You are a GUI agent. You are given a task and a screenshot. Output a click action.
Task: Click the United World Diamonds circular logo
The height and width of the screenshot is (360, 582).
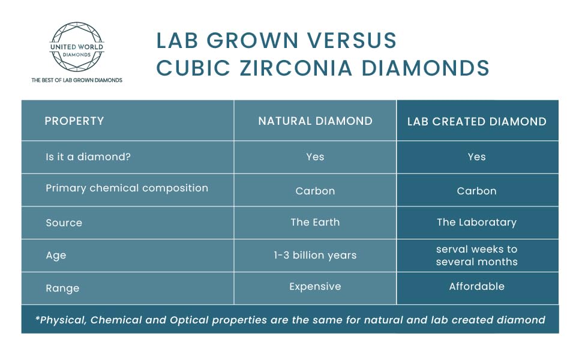pos(77,46)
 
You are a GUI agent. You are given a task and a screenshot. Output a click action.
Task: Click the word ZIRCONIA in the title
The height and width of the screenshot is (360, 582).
pos(296,68)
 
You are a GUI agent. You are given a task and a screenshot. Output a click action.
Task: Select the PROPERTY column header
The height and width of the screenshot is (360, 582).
pos(74,121)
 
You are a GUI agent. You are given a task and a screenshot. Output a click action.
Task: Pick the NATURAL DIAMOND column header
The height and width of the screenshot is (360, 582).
pos(315,121)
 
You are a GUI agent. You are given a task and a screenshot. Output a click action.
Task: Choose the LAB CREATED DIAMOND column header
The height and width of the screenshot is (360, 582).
pos(477,121)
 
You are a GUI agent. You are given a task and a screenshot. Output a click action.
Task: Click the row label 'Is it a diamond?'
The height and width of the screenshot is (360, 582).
pos(88,157)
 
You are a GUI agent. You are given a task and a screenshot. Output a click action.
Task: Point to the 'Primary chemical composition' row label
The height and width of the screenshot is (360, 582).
pos(127,188)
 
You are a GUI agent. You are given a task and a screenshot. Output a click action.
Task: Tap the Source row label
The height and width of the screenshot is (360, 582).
pos(64,223)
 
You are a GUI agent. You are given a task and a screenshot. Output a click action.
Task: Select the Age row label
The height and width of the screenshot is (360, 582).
pos(56,256)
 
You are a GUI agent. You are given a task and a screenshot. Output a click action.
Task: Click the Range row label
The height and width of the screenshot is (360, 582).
pos(62,289)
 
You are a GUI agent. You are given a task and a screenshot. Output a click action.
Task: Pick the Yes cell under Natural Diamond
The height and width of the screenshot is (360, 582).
pos(315,157)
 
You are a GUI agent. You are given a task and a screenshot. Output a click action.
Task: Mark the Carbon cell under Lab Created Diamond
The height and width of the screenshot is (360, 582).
pos(476,191)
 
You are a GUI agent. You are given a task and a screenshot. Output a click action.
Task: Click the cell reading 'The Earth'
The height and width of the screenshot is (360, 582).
pos(315,222)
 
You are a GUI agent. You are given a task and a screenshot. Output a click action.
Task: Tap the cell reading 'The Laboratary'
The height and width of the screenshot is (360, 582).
pos(476,222)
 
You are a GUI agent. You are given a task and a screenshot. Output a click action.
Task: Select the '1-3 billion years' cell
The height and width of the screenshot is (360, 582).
pos(315,255)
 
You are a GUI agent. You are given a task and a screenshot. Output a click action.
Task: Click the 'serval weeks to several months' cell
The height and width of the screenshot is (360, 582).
pos(476,256)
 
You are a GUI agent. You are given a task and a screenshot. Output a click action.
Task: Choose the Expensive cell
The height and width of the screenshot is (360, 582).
pos(315,287)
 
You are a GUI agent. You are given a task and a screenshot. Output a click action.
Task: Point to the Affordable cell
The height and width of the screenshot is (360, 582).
pos(476,286)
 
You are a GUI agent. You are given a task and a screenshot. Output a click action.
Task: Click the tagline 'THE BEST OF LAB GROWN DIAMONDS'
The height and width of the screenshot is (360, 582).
pos(77,80)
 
